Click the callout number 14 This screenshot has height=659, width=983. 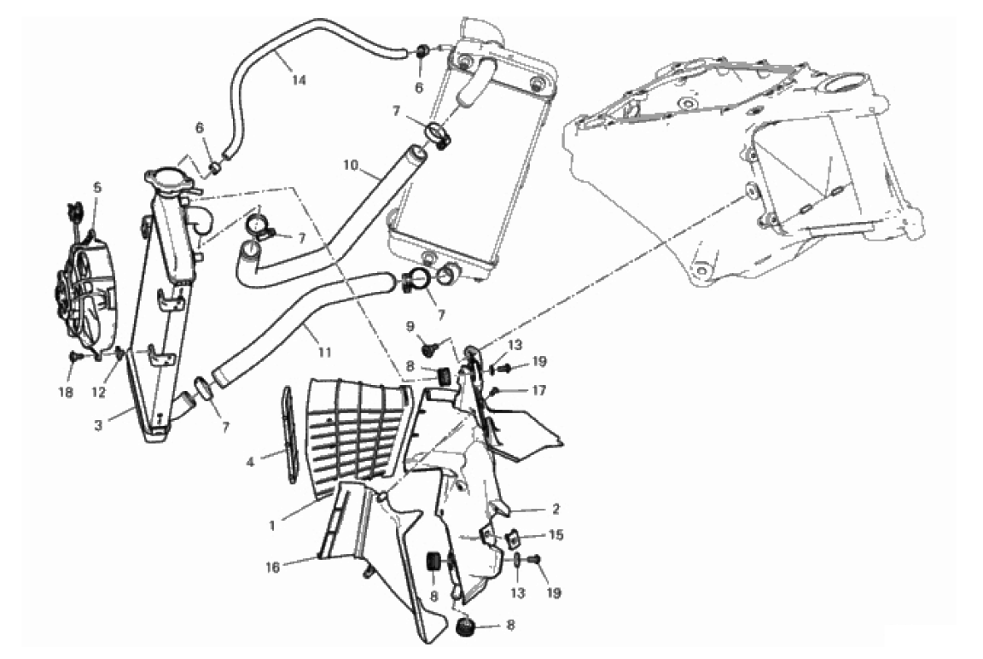299,80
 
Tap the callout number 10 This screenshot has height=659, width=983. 351,165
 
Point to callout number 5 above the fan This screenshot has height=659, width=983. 97,187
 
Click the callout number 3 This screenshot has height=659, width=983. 98,426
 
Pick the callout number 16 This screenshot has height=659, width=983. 273,568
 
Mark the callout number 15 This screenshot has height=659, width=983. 556,535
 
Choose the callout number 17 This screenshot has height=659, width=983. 539,390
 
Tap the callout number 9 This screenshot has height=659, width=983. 410,326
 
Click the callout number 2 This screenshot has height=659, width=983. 555,509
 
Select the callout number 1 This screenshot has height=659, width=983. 272,526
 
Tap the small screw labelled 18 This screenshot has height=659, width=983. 76,356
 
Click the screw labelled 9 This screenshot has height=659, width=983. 430,346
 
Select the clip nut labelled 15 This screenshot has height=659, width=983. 511,537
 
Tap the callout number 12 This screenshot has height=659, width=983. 98,392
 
